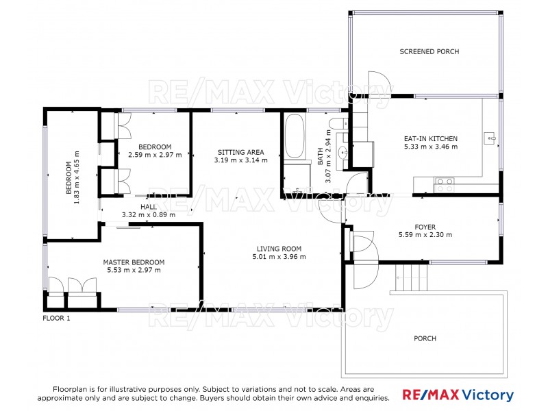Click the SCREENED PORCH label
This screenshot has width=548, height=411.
(x=429, y=51)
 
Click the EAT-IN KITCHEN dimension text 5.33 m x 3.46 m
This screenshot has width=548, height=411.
(x=430, y=147)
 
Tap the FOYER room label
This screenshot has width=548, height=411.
(x=425, y=227)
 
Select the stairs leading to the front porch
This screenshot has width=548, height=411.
(x=412, y=277)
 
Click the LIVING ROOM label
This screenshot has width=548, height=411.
(x=279, y=249)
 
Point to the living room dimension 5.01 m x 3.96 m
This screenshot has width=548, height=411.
(x=279, y=257)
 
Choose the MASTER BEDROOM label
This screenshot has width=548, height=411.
(x=134, y=262)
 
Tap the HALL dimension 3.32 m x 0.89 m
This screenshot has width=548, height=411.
(x=148, y=214)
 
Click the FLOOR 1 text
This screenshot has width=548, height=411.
(x=56, y=318)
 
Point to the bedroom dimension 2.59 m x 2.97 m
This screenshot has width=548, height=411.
(x=155, y=155)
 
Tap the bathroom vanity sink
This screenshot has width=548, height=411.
(x=343, y=153)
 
